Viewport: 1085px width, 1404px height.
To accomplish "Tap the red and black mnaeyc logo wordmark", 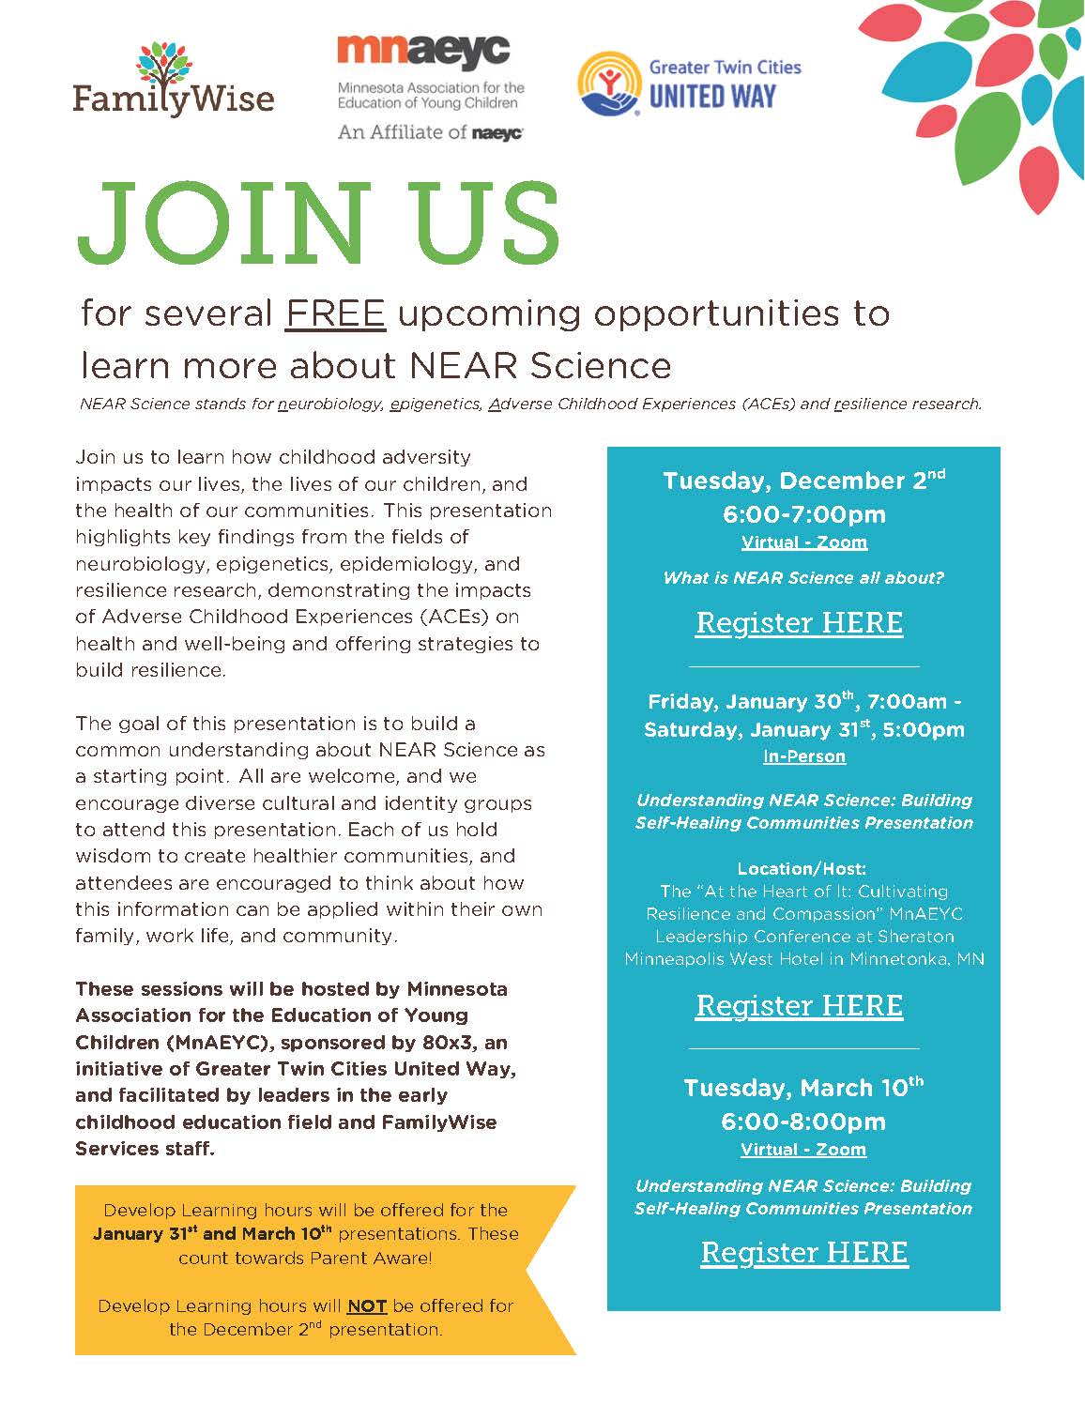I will pyautogui.click(x=422, y=53).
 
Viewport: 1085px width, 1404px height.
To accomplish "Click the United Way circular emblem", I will pyautogui.click(x=608, y=84).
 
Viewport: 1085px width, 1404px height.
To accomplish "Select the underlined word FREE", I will pyautogui.click(x=336, y=313).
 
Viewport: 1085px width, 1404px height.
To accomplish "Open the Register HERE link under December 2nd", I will pyautogui.click(x=799, y=623).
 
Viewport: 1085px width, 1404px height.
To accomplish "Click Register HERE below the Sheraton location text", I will pyautogui.click(x=799, y=1006).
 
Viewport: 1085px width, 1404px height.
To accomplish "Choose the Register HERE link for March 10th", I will pyautogui.click(x=804, y=1253).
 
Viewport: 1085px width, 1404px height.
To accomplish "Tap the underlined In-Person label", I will pyautogui.click(x=804, y=756).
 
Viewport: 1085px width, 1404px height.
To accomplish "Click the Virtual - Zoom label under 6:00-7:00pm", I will pyautogui.click(x=804, y=542).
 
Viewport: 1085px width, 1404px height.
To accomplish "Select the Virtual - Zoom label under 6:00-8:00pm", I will pyautogui.click(x=803, y=1150).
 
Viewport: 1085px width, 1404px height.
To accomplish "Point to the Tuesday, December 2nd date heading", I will pyautogui.click(x=803, y=481).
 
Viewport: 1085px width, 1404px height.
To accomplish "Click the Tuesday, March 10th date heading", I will pyautogui.click(x=803, y=1088).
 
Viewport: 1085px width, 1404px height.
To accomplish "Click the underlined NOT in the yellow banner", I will pyautogui.click(x=367, y=1305).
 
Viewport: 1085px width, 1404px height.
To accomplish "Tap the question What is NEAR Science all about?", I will pyautogui.click(x=803, y=578).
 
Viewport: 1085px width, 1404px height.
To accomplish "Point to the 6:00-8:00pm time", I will pyautogui.click(x=803, y=1122).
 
